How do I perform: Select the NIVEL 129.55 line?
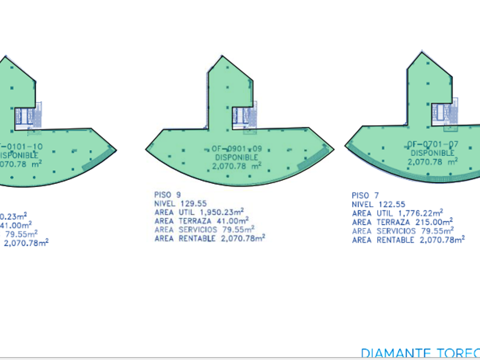pyautogui.click(x=180, y=202)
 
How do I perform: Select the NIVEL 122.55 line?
pyautogui.click(x=378, y=204)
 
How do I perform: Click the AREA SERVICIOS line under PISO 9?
pyautogui.click(x=204, y=229)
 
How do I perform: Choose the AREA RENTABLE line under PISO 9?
pyautogui.click(x=209, y=238)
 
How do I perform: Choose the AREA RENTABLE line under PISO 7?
pyautogui.click(x=407, y=240)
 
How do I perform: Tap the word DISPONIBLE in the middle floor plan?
pyautogui.click(x=237, y=158)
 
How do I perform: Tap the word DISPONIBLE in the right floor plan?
pyautogui.click(x=432, y=153)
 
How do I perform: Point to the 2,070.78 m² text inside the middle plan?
pyautogui.click(x=237, y=166)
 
